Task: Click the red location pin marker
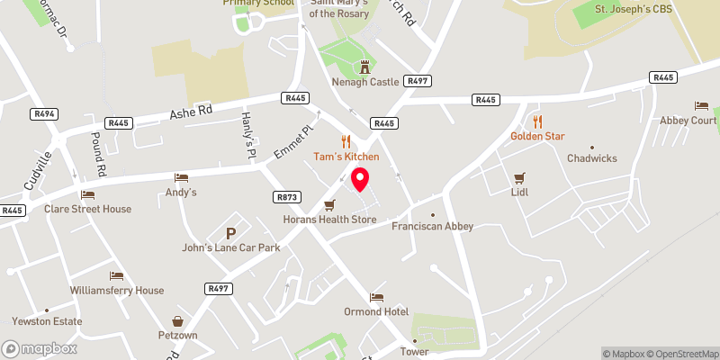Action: pos(360,178)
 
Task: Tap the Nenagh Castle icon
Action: pos(365,66)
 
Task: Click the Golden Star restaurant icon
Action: pos(537,121)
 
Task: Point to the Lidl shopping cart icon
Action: pos(518,177)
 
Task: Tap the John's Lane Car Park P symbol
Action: pos(230,232)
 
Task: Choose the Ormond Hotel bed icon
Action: pos(376,297)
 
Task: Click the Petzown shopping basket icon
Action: pos(178,320)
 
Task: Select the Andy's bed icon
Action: pos(181,177)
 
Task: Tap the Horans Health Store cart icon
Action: pos(329,204)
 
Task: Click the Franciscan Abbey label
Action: pos(432,227)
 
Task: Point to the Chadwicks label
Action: pos(591,158)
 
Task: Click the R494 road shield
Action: pos(43,114)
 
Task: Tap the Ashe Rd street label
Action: pos(193,111)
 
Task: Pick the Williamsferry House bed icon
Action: pos(115,275)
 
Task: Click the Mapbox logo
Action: pos(40,348)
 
